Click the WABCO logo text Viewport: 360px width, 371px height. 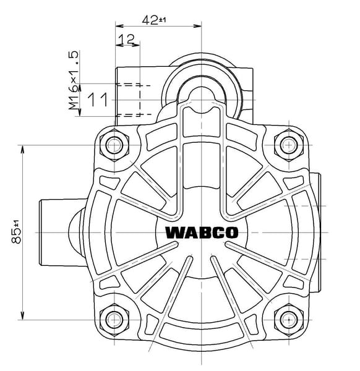point(202,232)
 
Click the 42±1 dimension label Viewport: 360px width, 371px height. point(154,20)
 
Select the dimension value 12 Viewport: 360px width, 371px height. point(126,40)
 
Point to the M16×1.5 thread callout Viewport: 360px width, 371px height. point(74,80)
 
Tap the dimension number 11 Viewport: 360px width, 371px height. point(98,100)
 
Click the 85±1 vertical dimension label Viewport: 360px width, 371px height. point(16,232)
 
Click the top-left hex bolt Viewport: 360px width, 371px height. point(114,145)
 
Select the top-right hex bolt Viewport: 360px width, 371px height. point(289,145)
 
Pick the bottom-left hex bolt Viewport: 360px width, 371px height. point(114,320)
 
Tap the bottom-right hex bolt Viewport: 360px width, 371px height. point(289,320)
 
